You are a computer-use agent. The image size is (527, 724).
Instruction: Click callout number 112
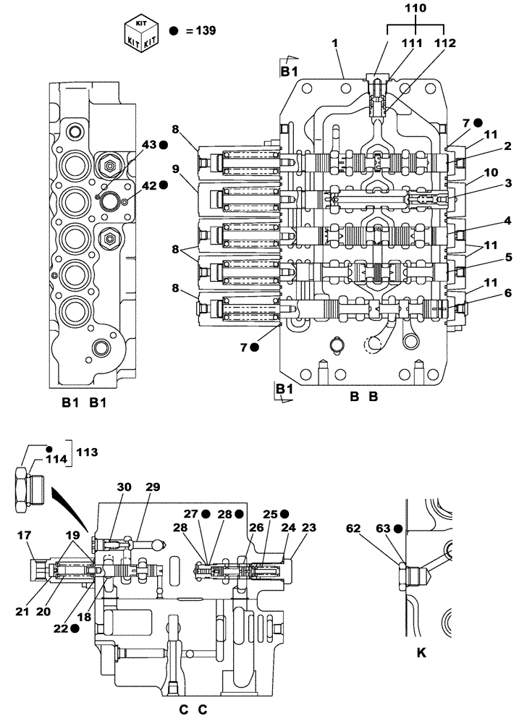point(444,43)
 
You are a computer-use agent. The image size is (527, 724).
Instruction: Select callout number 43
point(149,145)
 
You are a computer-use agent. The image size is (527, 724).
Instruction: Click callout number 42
point(149,185)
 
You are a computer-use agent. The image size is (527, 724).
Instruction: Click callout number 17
point(24,536)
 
